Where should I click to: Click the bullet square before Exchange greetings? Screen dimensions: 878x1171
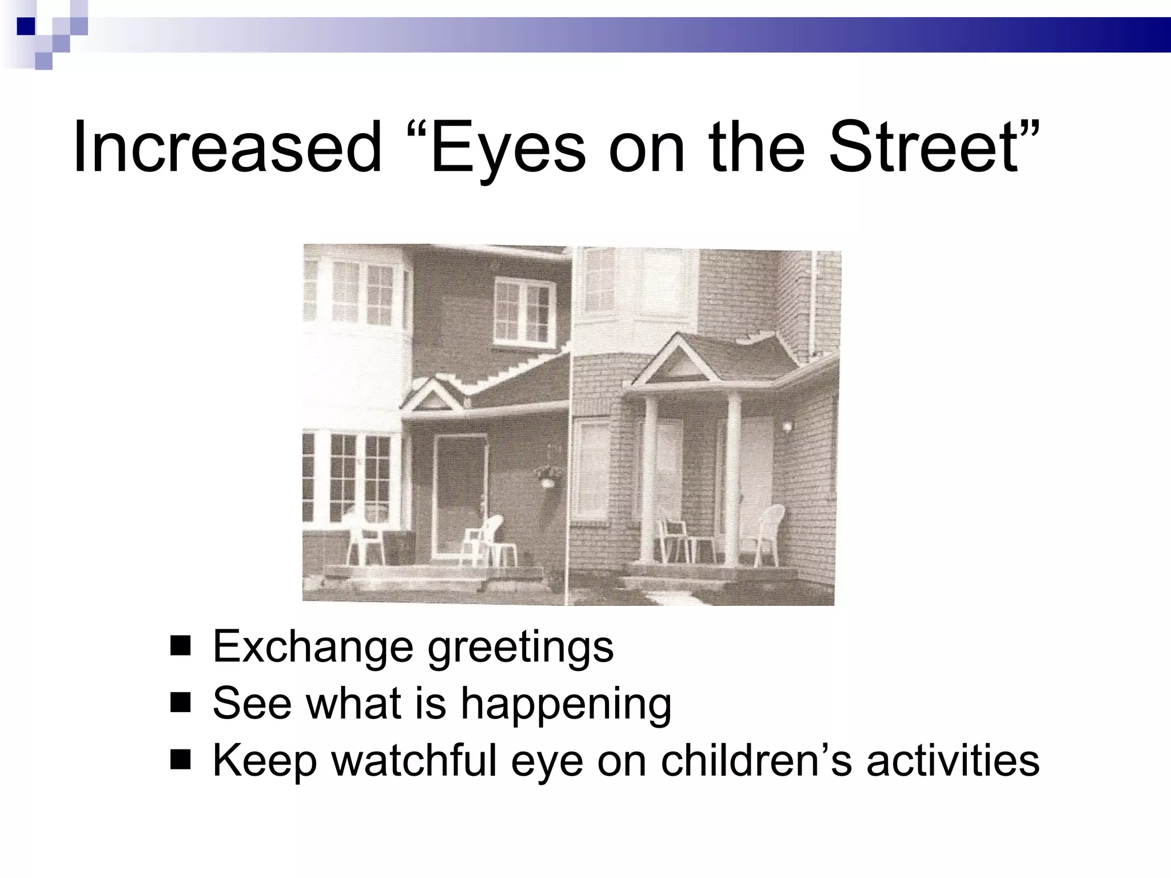180,646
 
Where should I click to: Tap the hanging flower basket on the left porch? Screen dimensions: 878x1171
548,474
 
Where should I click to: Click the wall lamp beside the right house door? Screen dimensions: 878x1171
788,426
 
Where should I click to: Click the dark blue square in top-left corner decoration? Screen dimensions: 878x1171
26,26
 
